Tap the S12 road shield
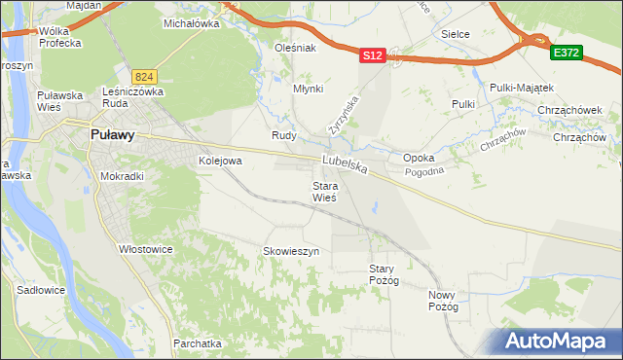point(373,56)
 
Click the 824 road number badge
point(145,76)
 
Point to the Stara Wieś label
point(324,191)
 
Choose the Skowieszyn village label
point(291,251)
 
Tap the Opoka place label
point(419,158)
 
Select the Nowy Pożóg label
point(443,300)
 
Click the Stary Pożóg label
point(384,274)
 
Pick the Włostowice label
point(145,249)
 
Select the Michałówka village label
point(191,22)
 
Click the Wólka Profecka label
point(60,37)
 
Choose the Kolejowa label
point(219,161)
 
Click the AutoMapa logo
point(556,340)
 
